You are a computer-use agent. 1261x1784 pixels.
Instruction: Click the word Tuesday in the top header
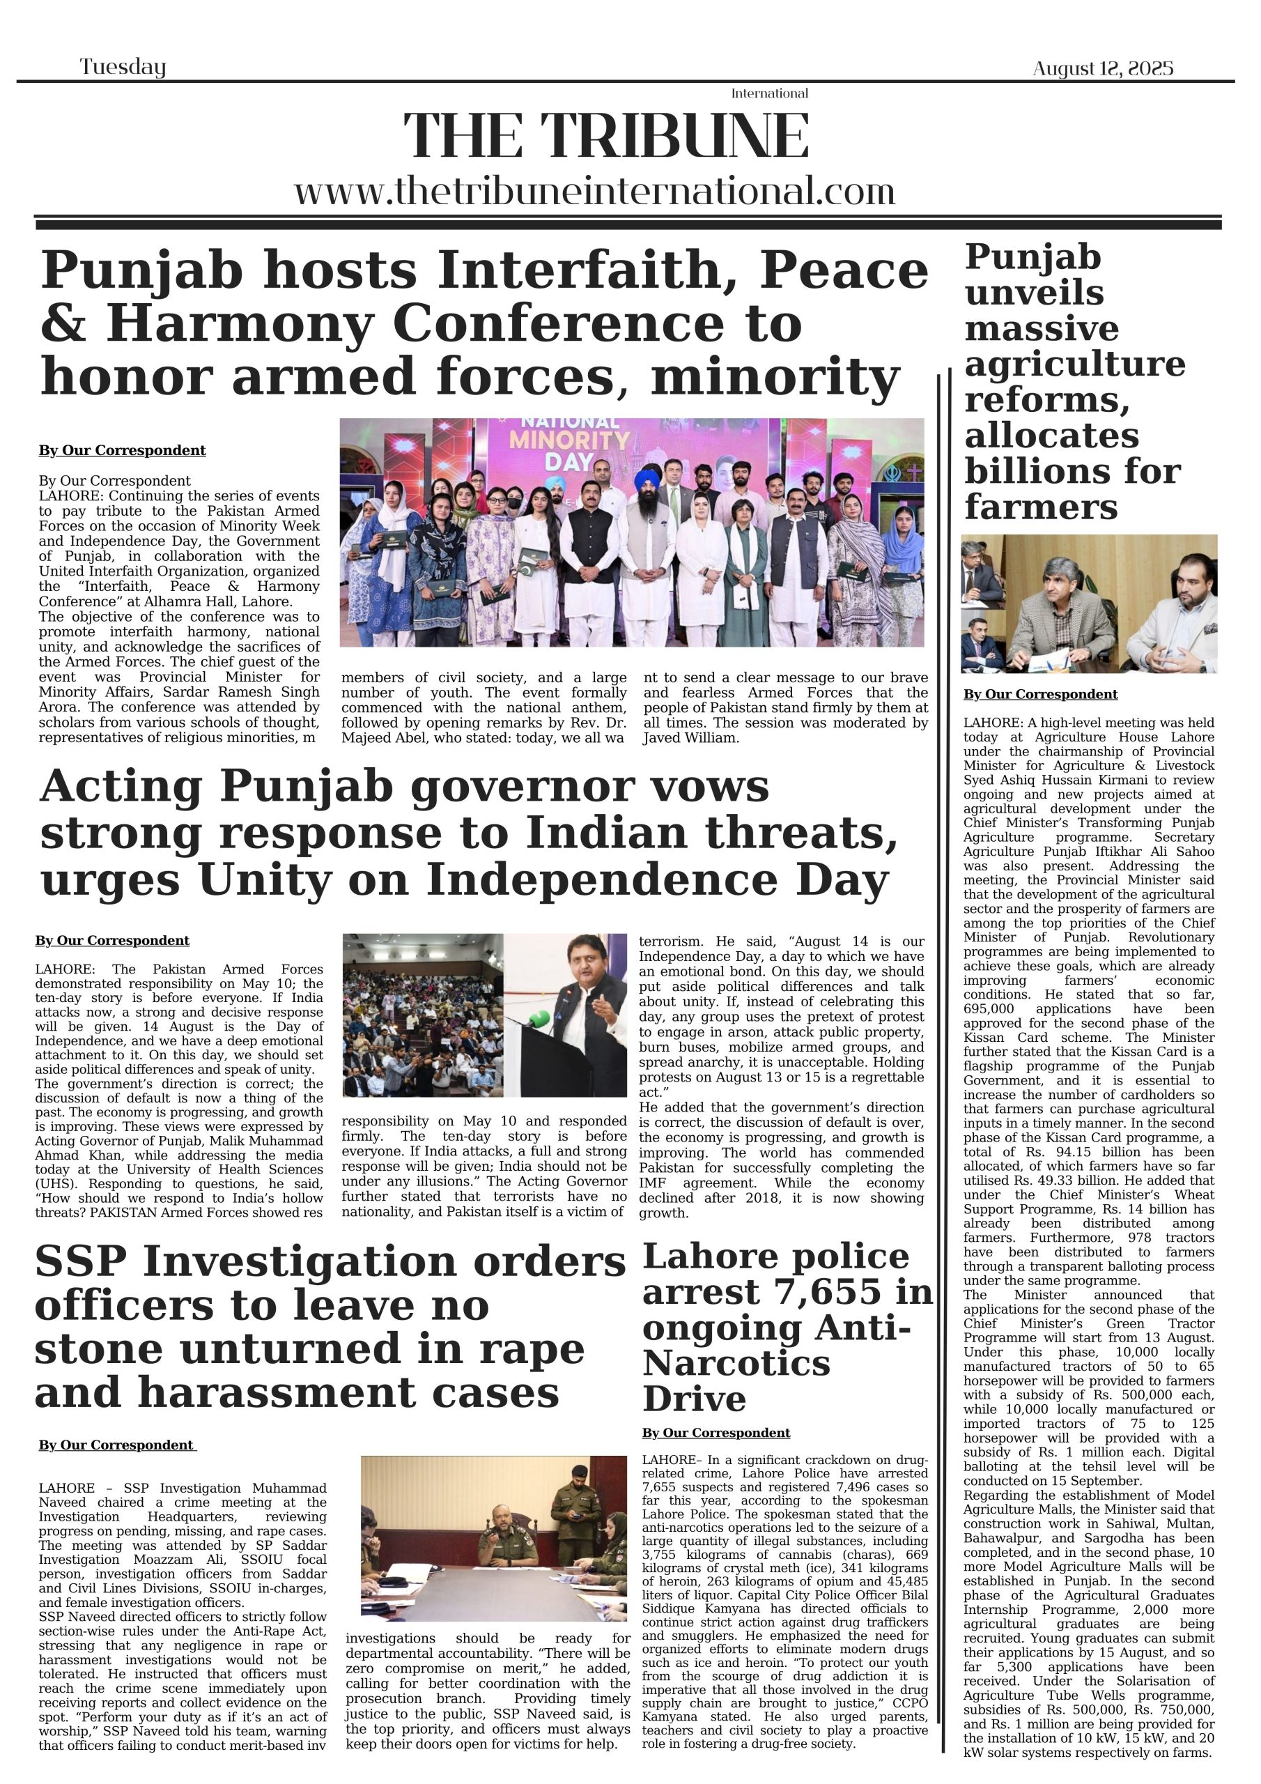click(x=123, y=68)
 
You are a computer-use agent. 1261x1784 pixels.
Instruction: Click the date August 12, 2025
click(x=1102, y=69)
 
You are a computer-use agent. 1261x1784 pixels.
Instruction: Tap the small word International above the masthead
click(x=769, y=94)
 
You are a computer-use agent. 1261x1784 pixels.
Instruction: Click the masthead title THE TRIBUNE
click(x=606, y=137)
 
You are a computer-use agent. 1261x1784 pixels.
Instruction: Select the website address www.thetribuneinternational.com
click(x=594, y=191)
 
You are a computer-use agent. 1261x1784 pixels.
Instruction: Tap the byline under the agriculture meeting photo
click(x=1039, y=695)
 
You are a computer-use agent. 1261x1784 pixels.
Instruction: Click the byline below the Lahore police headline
click(x=715, y=1433)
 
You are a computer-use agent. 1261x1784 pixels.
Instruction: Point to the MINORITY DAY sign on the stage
click(x=569, y=448)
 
